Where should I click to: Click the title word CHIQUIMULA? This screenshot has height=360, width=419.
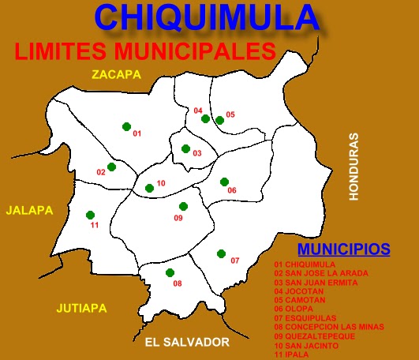[207, 17]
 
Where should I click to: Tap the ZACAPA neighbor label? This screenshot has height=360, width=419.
[115, 75]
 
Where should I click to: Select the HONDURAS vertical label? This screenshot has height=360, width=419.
[354, 165]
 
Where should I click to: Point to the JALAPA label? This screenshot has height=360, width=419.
[29, 211]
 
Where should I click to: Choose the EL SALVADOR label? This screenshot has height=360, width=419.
[187, 342]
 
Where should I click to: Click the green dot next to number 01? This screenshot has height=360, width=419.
[126, 126]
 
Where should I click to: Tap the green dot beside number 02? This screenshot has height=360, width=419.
[112, 167]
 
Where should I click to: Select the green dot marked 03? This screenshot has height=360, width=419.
[185, 148]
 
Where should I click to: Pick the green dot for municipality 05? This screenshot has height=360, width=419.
[219, 120]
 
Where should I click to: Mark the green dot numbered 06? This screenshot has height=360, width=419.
[224, 182]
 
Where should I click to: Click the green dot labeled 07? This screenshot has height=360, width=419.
[222, 254]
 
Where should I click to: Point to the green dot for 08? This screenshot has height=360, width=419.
[170, 273]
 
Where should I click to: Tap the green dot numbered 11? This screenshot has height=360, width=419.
[90, 215]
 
